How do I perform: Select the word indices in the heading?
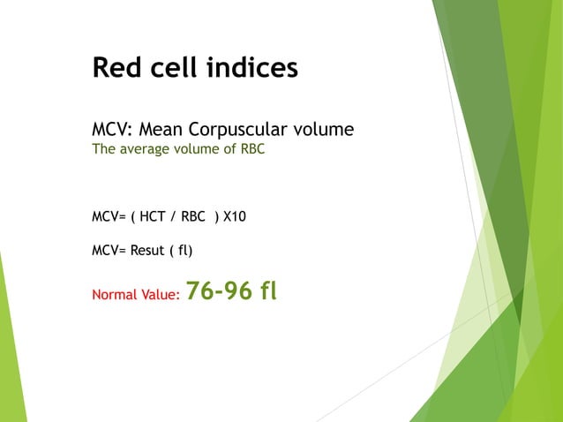click(x=251, y=67)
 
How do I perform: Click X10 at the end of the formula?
click(x=235, y=215)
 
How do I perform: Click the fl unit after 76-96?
click(x=266, y=291)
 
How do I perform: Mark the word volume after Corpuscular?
click(x=325, y=130)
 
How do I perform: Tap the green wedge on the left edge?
click(x=11, y=353)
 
